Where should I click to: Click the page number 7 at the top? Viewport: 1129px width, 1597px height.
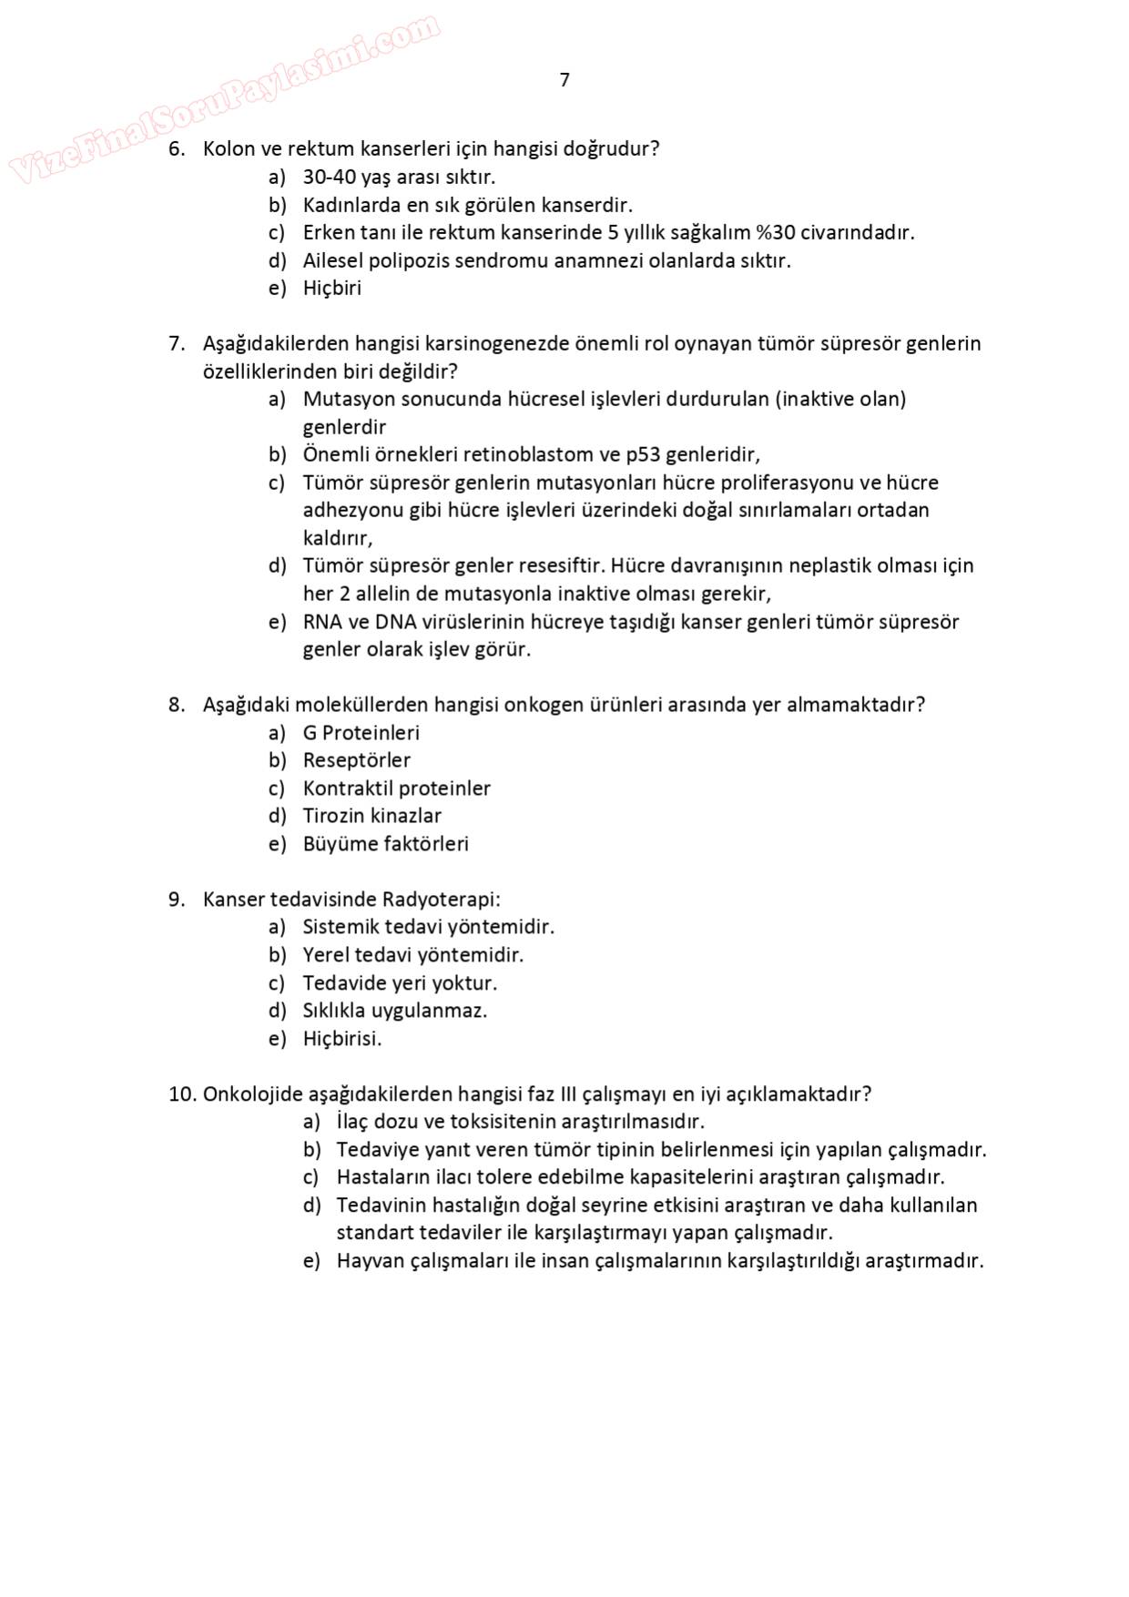[564, 80]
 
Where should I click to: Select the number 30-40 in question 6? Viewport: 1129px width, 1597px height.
[330, 177]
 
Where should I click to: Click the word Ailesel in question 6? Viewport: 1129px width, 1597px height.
[333, 260]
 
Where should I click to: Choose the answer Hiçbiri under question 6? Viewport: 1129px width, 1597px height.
[332, 289]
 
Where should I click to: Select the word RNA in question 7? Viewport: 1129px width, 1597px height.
[321, 622]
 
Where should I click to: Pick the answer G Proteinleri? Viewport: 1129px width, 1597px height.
[361, 733]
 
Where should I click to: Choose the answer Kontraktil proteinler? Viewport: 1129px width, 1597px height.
[396, 788]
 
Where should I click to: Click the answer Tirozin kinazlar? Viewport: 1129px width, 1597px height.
[372, 816]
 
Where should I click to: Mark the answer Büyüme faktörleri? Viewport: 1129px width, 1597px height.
[385, 844]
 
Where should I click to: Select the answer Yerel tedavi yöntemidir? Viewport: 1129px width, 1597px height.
[413, 955]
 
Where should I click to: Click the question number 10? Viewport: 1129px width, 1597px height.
[182, 1093]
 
